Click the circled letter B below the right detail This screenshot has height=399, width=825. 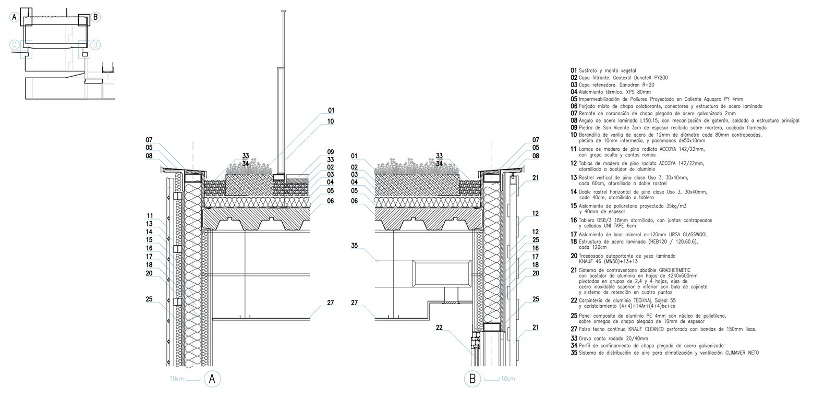click(472, 379)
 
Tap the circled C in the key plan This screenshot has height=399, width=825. click(15, 45)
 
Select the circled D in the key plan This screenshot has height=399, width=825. click(95, 45)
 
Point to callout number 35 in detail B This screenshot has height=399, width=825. click(355, 246)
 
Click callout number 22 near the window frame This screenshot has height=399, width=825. click(440, 328)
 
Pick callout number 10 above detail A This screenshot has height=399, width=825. click(331, 122)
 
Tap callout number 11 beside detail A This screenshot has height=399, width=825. click(150, 215)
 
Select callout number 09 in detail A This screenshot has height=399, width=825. click(331, 152)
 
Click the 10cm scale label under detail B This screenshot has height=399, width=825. click(508, 379)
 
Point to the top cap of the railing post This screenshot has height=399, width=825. click(284, 11)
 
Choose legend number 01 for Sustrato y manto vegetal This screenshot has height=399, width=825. click(574, 70)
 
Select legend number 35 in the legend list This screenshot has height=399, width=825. click(574, 353)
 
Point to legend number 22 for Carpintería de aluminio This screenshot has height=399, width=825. click(574, 301)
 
